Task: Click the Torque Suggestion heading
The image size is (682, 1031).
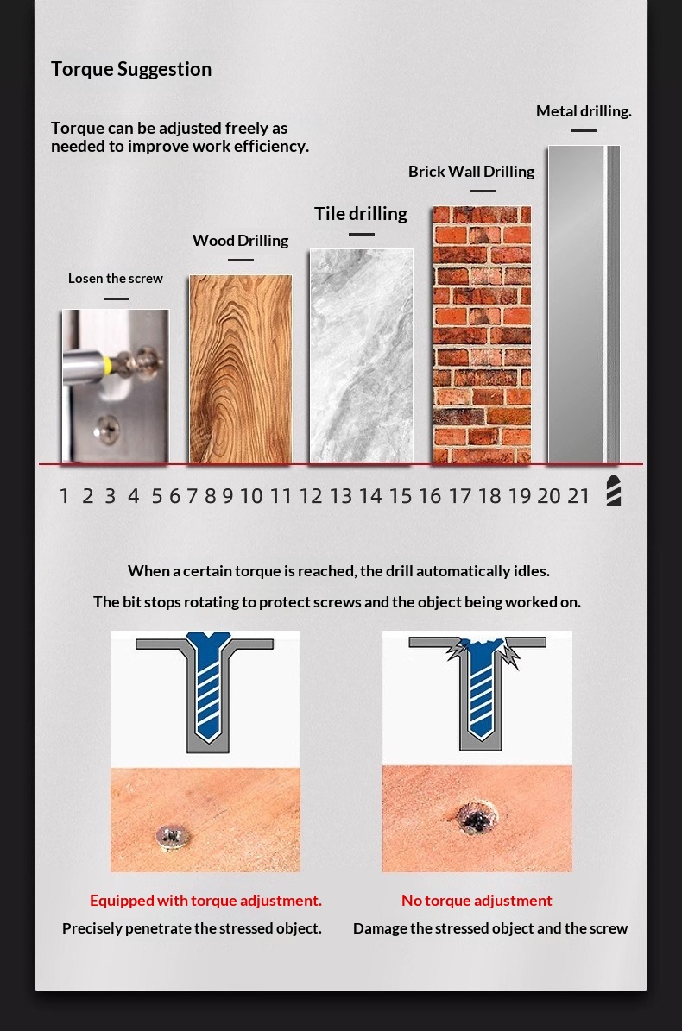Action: point(131,69)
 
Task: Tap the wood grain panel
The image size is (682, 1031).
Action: point(241,369)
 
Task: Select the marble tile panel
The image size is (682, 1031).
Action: point(362,355)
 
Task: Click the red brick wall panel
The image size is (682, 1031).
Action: point(482,336)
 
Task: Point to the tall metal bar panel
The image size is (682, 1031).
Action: point(584,305)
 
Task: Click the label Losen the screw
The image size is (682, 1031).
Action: point(116,278)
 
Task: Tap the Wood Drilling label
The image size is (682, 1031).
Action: point(241,241)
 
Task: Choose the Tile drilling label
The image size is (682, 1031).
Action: point(361,214)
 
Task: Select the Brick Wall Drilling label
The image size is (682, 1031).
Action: point(471,172)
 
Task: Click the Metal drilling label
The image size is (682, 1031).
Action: point(584,111)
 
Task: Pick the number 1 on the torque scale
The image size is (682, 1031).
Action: point(64,496)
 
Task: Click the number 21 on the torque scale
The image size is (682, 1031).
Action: point(578,496)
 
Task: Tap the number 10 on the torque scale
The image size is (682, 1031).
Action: point(251,496)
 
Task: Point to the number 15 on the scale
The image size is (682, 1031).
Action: point(400,496)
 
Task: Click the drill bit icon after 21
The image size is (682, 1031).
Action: point(614,491)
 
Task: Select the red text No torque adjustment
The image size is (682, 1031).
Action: point(477,900)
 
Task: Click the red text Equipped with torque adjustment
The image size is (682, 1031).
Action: point(205,900)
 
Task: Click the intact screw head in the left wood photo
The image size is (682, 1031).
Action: point(173,836)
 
